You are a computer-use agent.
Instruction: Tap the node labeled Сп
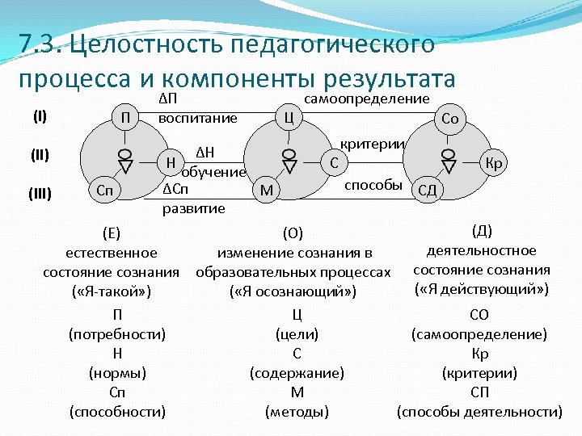103,191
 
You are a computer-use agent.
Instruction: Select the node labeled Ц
288,118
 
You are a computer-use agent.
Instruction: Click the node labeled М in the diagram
265,191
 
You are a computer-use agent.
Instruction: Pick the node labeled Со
449,119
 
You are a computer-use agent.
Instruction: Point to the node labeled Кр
496,164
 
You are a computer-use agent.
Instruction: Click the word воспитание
198,119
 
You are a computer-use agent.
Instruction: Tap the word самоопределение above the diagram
366,99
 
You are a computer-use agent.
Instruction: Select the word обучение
214,172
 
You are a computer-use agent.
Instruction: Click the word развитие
194,208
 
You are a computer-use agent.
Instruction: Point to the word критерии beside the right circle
372,143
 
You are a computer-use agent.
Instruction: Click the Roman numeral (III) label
40,192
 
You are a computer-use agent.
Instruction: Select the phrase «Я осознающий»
293,291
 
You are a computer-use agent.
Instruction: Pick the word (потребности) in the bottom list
117,334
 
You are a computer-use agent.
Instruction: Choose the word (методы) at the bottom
297,412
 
